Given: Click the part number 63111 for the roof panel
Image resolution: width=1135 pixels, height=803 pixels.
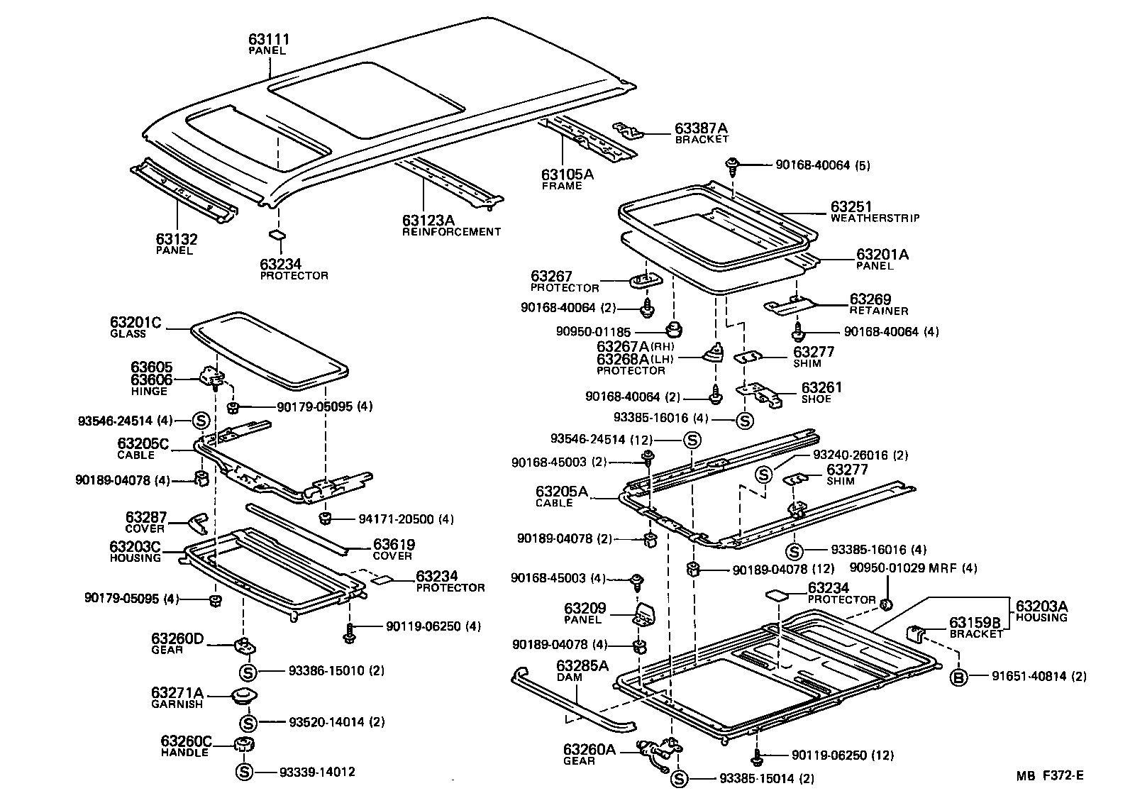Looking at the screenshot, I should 269,40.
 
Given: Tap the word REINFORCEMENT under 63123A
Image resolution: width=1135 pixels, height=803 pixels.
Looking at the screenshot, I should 451,232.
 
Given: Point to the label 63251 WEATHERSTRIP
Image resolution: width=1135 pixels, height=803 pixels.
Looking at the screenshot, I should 852,208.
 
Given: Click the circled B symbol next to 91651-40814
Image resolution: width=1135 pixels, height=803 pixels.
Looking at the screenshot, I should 958,676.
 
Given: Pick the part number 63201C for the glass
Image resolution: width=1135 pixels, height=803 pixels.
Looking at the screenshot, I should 135,323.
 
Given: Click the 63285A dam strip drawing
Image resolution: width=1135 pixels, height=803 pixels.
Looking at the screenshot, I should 567,702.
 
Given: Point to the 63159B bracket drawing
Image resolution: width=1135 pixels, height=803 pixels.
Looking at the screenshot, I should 918,631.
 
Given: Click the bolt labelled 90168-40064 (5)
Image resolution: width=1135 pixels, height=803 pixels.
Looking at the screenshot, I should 731,167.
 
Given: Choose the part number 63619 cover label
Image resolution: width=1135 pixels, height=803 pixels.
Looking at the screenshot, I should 394,545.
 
